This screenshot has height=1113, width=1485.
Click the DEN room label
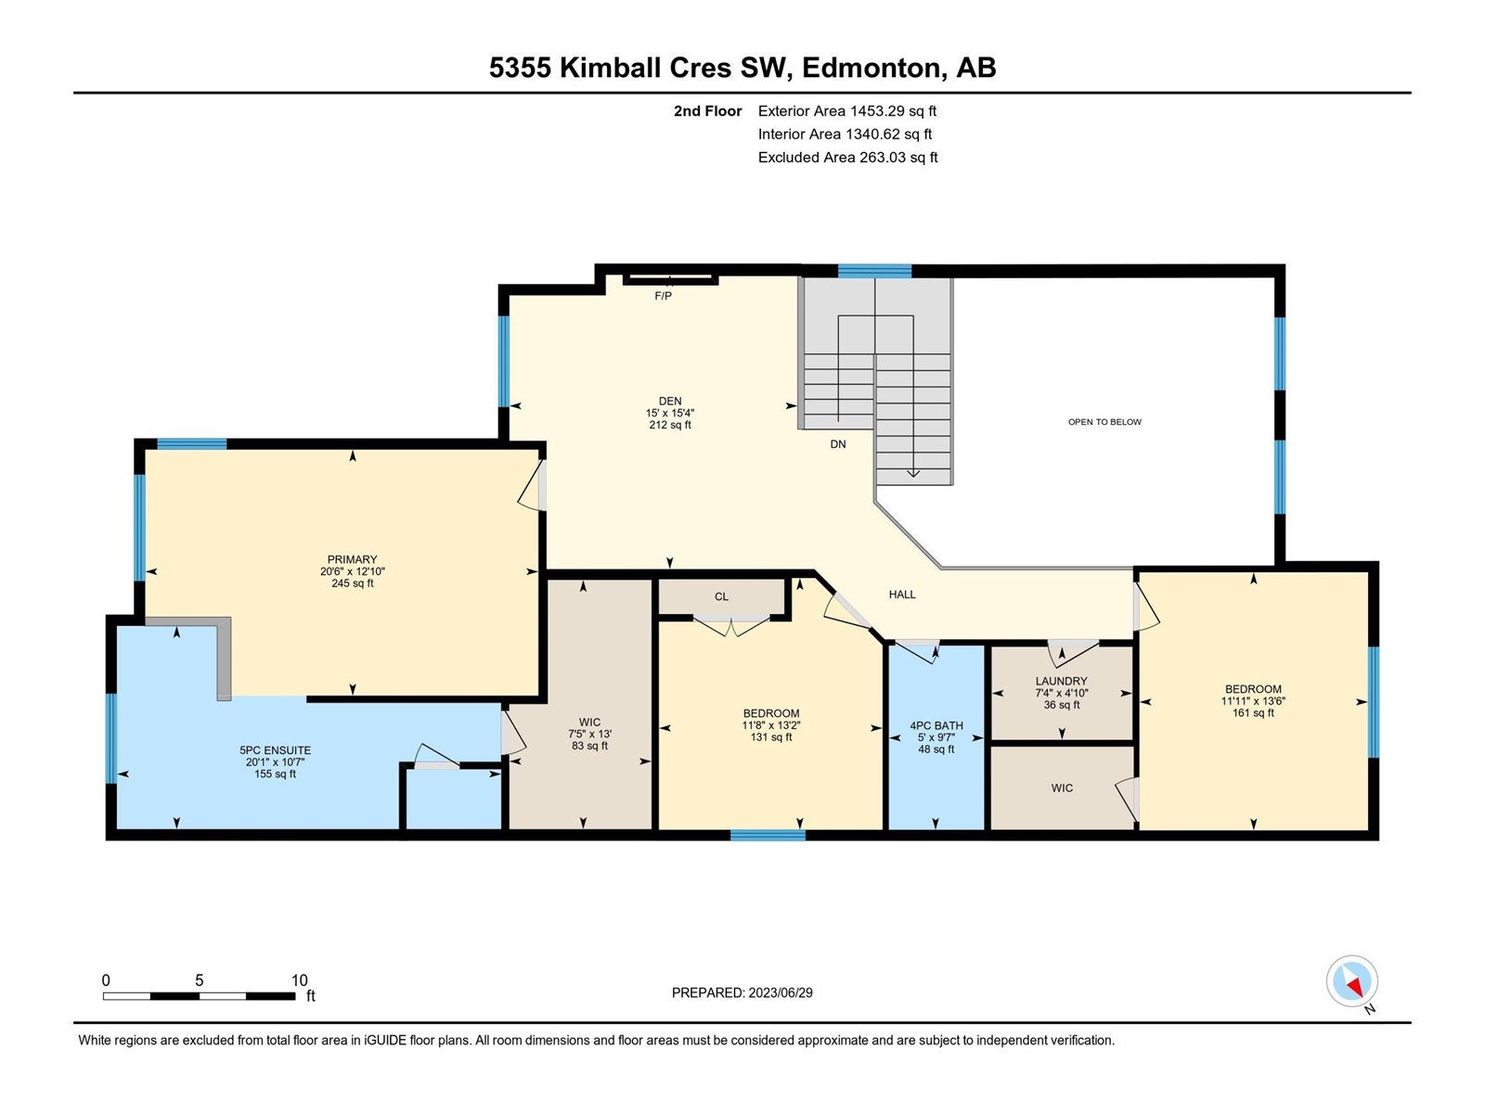670,401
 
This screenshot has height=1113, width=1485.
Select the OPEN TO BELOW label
1104,422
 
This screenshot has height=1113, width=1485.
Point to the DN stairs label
837,444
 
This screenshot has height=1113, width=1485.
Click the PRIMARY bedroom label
352,559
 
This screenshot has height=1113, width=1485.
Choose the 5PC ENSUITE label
275,750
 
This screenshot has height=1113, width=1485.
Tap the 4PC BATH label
936,726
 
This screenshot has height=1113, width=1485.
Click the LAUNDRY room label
1061,681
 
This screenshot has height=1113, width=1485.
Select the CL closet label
721,596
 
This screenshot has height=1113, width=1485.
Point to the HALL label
902,595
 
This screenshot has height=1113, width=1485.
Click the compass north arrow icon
1351,981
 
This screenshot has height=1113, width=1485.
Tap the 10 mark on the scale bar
299,979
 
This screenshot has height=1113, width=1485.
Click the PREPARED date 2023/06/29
780,992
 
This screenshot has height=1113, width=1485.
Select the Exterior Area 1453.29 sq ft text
847,110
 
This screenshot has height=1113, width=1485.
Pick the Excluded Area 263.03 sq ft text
847,158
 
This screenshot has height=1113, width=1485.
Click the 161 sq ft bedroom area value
1253,713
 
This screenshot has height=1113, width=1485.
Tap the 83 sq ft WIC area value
589,746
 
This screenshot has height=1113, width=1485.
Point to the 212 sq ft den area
670,425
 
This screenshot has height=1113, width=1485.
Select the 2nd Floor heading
707,110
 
